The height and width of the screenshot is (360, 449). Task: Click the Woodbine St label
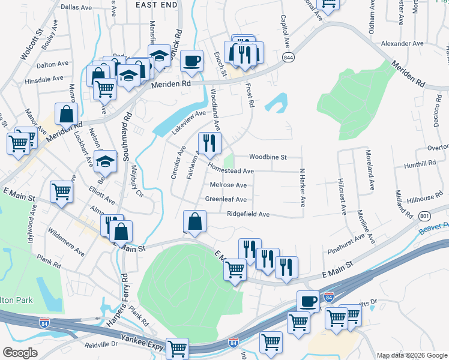[x=268, y=157]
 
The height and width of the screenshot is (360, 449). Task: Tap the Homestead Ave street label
[x=231, y=171]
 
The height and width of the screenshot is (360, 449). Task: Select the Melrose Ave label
[x=228, y=185]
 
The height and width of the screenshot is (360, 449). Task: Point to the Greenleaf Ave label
[x=226, y=199]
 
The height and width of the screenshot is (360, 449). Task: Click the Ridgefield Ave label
[x=248, y=214]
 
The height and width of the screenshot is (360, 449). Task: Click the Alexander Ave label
[x=403, y=44]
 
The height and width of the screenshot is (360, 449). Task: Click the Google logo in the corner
[x=20, y=352]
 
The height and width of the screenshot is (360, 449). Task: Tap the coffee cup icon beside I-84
[x=308, y=301]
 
